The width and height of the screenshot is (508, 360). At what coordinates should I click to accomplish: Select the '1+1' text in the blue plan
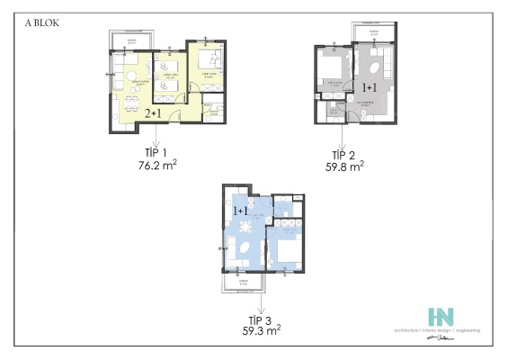point(241,210)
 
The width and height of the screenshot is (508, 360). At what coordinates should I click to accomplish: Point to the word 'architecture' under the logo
point(401,331)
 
